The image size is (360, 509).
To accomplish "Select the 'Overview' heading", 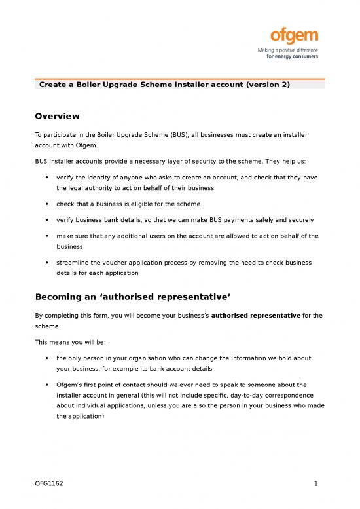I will tap(58, 116).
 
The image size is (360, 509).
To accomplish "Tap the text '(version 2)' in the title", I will tap(267, 85).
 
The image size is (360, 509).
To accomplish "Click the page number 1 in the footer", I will tap(315, 485).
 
